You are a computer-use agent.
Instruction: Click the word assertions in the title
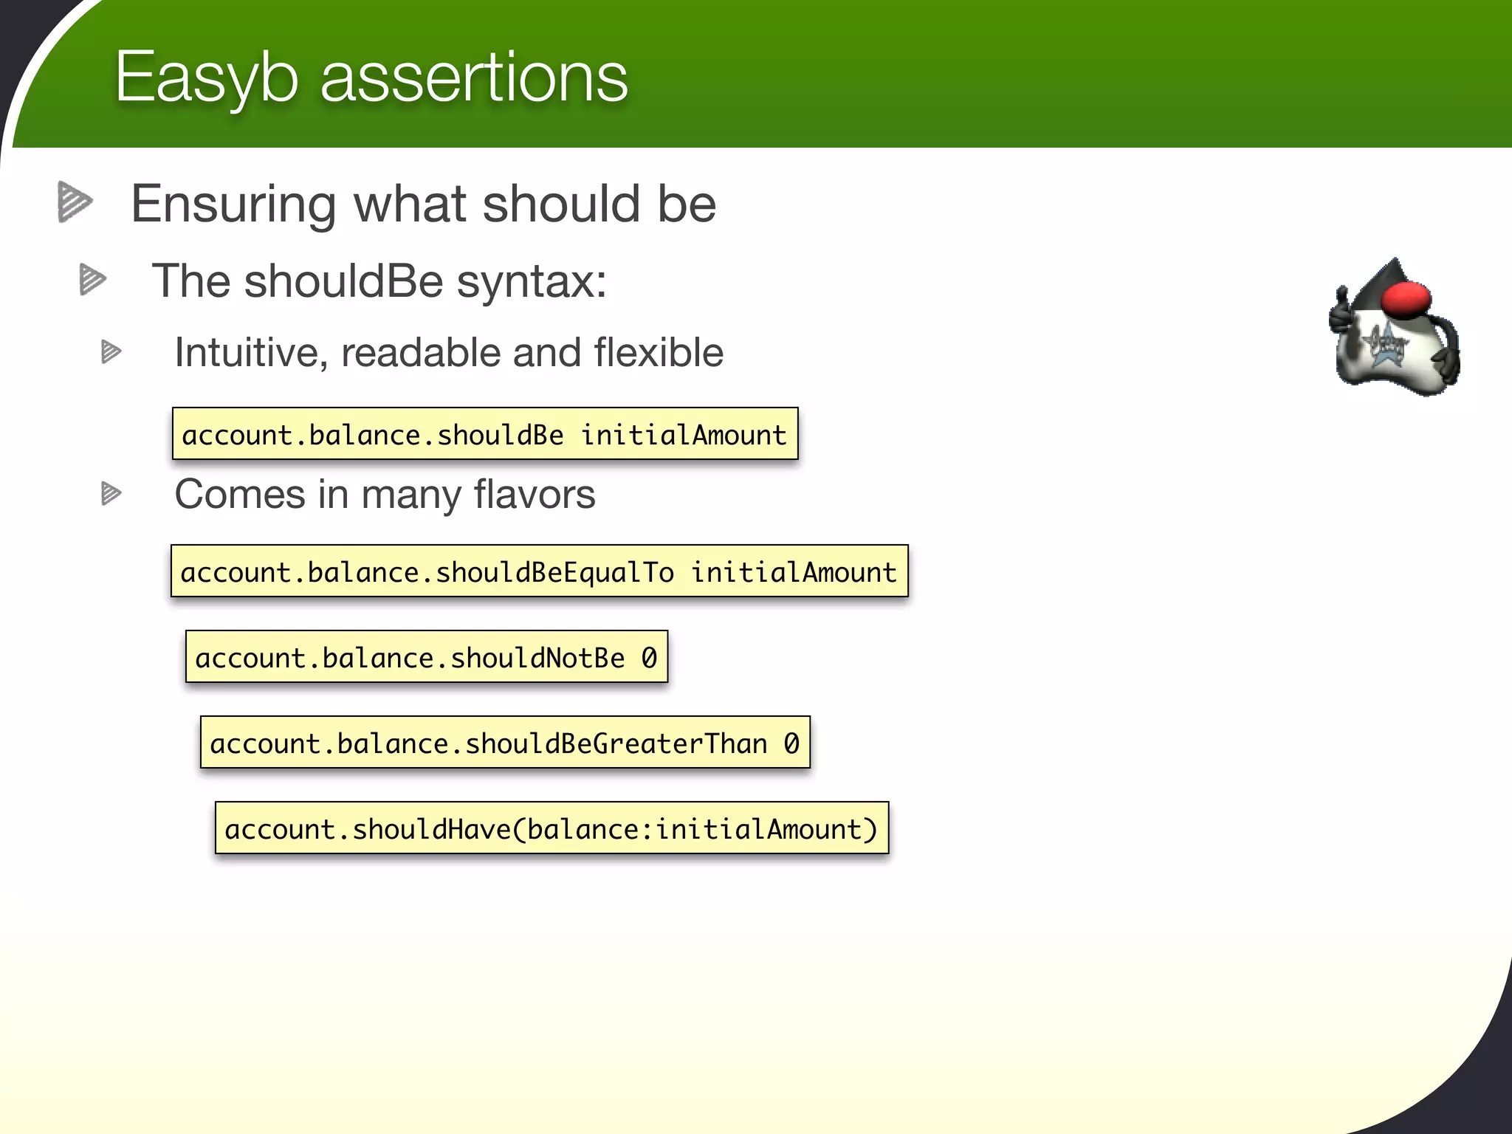click(473, 78)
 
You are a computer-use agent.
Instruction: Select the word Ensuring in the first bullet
click(233, 205)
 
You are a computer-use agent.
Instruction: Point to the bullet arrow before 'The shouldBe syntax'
click(93, 280)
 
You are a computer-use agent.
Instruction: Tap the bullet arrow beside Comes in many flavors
click(111, 494)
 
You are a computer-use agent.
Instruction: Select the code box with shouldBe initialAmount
click(484, 434)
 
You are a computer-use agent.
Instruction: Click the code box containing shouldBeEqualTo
click(539, 571)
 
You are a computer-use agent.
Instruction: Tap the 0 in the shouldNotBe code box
click(648, 657)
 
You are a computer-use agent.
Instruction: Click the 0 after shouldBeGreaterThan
click(791, 743)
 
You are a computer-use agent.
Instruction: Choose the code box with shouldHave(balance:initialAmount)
click(551, 828)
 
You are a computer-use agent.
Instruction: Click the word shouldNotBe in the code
click(537, 657)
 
